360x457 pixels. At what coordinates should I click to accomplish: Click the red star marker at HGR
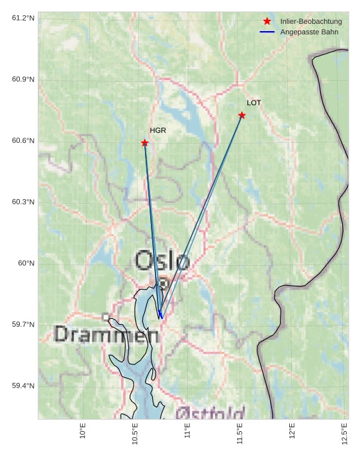click(x=144, y=143)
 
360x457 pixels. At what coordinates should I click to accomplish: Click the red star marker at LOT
click(x=242, y=116)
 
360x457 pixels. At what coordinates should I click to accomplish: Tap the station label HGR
click(x=157, y=130)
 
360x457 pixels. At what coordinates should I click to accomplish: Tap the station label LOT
click(x=254, y=103)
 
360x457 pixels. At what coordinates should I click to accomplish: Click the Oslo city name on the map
click(x=162, y=261)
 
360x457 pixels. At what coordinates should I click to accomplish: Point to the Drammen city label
click(x=106, y=335)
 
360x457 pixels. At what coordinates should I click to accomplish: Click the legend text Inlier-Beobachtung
click(x=311, y=22)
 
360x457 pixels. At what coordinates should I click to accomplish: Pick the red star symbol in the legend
click(x=267, y=22)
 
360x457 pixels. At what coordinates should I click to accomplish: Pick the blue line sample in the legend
click(x=267, y=32)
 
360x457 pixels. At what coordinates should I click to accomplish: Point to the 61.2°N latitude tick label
click(x=23, y=18)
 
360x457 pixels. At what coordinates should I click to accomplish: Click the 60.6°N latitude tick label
click(x=23, y=141)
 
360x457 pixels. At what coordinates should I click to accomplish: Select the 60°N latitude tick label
click(x=26, y=263)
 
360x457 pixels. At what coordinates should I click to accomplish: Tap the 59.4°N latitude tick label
click(x=23, y=386)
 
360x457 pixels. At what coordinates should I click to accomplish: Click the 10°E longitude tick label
click(x=83, y=431)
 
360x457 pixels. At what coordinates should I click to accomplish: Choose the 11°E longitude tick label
click(x=187, y=431)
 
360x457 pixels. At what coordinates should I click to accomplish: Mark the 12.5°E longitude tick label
click(x=344, y=433)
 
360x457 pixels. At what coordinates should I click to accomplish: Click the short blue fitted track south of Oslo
click(x=160, y=313)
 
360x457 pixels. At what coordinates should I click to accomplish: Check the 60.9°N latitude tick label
click(x=23, y=79)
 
